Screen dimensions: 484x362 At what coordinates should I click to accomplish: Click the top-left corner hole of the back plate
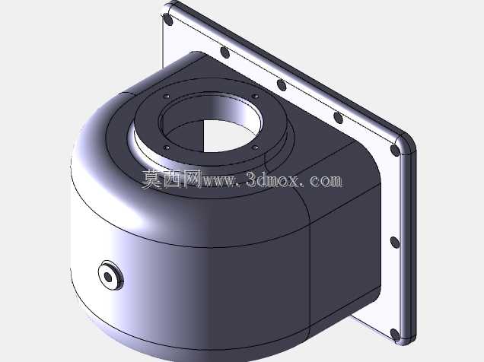[x=168, y=20]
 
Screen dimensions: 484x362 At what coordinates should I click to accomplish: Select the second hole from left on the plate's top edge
[x=225, y=52]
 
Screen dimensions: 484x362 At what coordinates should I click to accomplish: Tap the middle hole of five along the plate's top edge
[x=282, y=85]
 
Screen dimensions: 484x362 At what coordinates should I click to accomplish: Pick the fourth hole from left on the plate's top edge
[x=339, y=118]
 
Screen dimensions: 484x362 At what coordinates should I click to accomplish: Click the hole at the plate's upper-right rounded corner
[x=395, y=150]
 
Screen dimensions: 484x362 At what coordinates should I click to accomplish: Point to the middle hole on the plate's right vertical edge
[x=395, y=243]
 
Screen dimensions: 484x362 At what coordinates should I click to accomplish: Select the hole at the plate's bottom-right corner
[x=395, y=335]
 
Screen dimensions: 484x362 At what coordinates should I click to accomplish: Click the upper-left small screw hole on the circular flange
[x=167, y=97]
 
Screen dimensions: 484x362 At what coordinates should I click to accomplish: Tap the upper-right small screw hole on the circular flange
[x=255, y=97]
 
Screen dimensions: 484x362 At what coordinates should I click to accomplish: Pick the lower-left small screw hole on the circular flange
[x=167, y=148]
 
